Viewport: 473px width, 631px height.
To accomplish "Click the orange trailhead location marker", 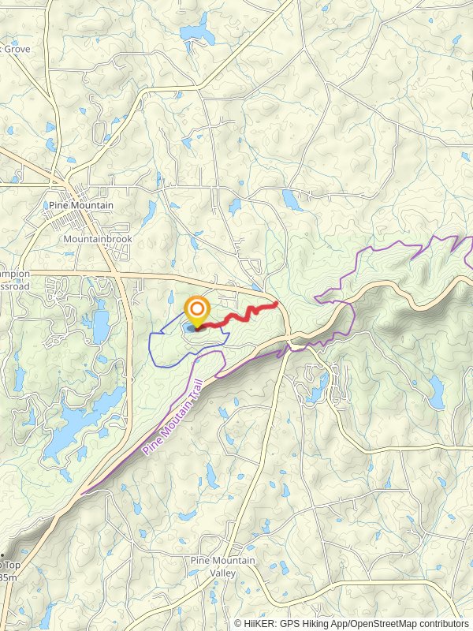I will pyautogui.click(x=196, y=310).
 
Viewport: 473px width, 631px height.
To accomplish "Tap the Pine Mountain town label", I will pyautogui.click(x=81, y=205).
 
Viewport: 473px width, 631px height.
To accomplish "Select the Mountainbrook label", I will pyautogui.click(x=98, y=238).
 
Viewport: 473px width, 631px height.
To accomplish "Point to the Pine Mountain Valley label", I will pyautogui.click(x=223, y=566).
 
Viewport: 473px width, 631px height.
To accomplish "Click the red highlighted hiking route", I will pyautogui.click(x=236, y=315).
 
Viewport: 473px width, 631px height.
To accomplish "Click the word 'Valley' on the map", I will pyautogui.click(x=223, y=573).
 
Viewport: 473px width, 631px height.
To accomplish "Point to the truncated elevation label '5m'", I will pyautogui.click(x=8, y=577).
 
